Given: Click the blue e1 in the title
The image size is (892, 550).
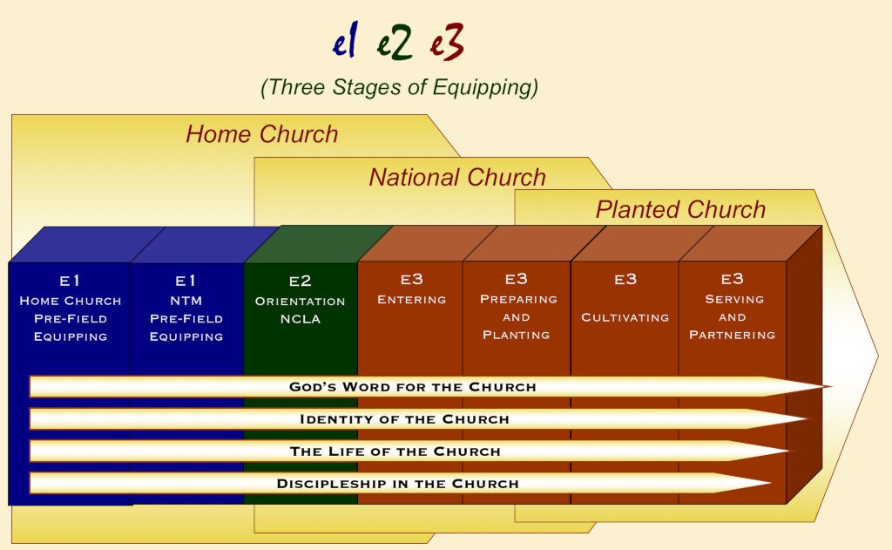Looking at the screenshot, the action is click(x=345, y=41).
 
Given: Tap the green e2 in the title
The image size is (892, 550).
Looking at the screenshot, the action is click(x=394, y=42).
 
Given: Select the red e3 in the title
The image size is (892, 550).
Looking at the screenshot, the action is click(x=447, y=42).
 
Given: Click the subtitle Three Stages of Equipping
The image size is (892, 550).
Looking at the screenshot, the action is click(x=399, y=88).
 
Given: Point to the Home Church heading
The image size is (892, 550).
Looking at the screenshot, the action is click(x=261, y=134).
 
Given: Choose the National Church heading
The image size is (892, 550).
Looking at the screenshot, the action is click(x=457, y=177).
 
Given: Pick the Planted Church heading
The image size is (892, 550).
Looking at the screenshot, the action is click(x=680, y=209).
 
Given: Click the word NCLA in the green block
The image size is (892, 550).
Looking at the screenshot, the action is click(x=301, y=319).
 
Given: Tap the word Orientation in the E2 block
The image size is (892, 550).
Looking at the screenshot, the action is click(x=300, y=302).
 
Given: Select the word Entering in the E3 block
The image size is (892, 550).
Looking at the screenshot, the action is click(x=412, y=300).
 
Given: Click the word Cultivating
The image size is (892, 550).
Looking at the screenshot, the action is click(x=625, y=317).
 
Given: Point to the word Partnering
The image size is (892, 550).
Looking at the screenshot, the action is click(x=732, y=335).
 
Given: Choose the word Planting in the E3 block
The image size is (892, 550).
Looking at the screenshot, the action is click(x=517, y=335).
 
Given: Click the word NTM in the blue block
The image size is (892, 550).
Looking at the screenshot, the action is click(x=186, y=301).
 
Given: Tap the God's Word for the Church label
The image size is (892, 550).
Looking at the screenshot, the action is click(x=412, y=387).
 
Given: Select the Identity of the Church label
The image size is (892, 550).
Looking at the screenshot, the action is click(x=404, y=419).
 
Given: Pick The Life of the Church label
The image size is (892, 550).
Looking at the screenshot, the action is click(x=395, y=452).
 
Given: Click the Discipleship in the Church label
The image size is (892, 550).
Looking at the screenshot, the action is click(x=397, y=484).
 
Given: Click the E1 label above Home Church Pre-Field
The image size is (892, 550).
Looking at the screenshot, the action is click(x=70, y=281).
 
